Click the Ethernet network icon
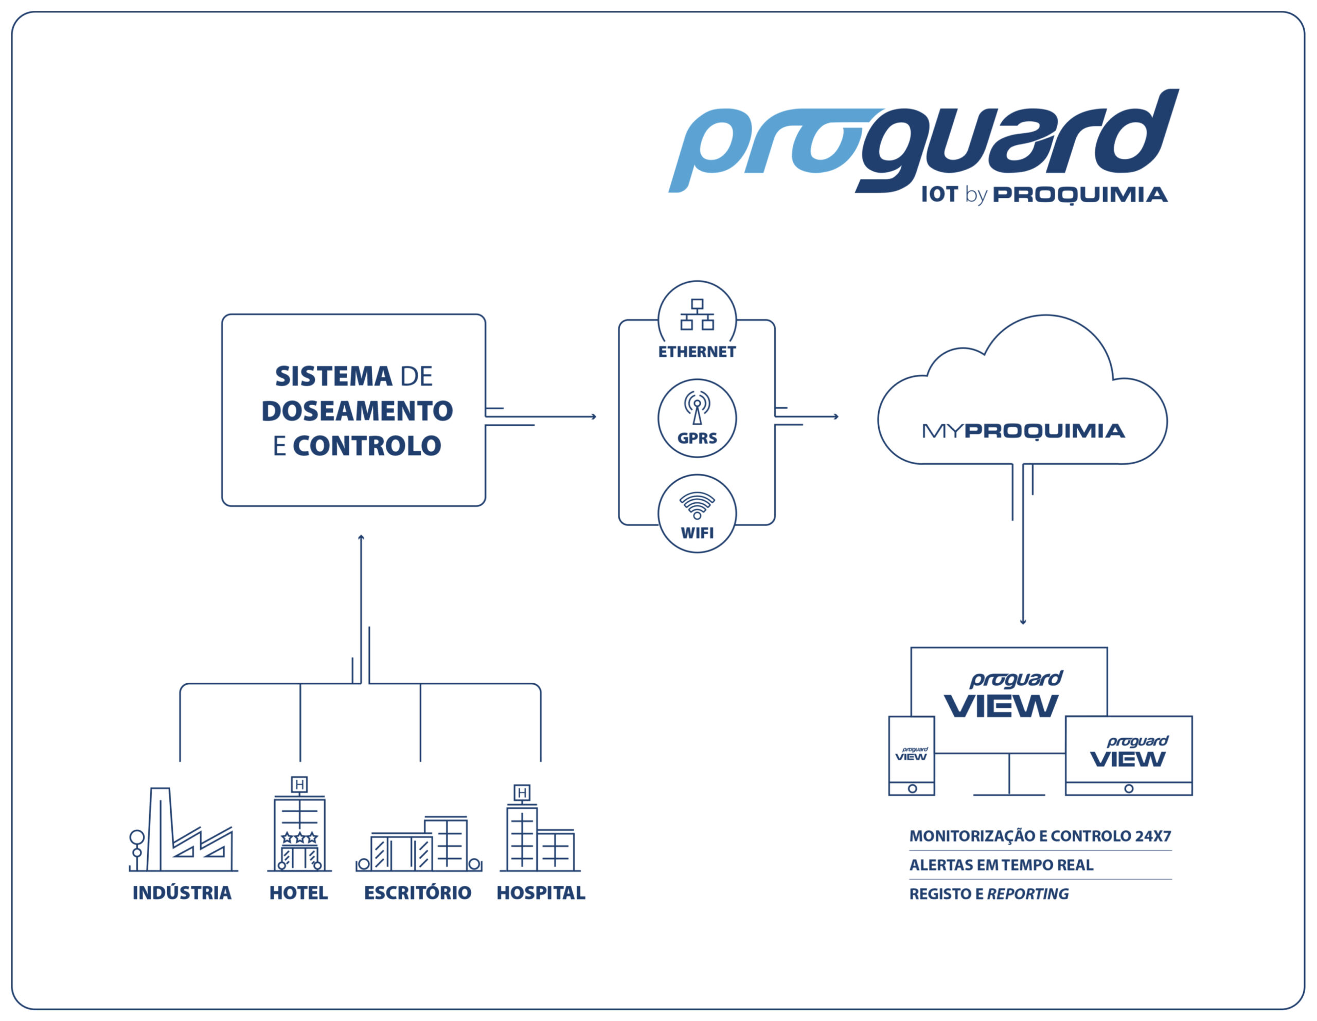697,314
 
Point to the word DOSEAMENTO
357,411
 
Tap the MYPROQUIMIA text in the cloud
1023,431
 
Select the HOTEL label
298,892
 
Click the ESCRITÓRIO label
417,892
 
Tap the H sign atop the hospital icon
522,793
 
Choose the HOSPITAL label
541,892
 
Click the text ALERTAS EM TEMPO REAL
1001,865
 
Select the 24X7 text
1153,836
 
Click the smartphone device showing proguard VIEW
912,756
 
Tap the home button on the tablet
1129,788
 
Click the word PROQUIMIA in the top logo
1080,195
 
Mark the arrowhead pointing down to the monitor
1023,622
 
